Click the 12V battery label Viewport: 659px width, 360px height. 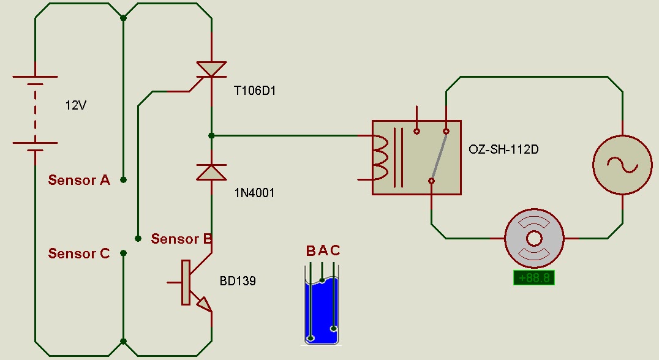pos(76,105)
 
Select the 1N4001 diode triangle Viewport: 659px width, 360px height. pos(211,172)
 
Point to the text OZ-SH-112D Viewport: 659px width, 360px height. pos(503,149)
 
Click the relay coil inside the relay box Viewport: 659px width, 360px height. pos(380,157)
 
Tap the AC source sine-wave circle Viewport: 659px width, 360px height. pos(622,165)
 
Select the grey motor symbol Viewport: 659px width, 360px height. pos(534,239)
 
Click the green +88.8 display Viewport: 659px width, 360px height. pos(534,278)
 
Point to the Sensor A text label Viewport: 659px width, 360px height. pos(79,180)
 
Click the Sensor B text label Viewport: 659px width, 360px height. pos(181,239)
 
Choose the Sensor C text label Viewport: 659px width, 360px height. pos(79,253)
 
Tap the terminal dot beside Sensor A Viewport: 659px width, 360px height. pos(123,180)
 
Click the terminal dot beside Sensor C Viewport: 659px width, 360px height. pos(123,253)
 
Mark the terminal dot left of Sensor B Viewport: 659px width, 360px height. pos(138,239)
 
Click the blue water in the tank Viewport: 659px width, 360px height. pos(322,311)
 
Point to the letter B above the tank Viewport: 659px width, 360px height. pos(311,251)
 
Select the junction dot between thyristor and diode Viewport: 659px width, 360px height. pos(211,136)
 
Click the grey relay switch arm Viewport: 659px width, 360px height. pos(439,156)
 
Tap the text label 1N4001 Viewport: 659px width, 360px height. pos(254,193)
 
